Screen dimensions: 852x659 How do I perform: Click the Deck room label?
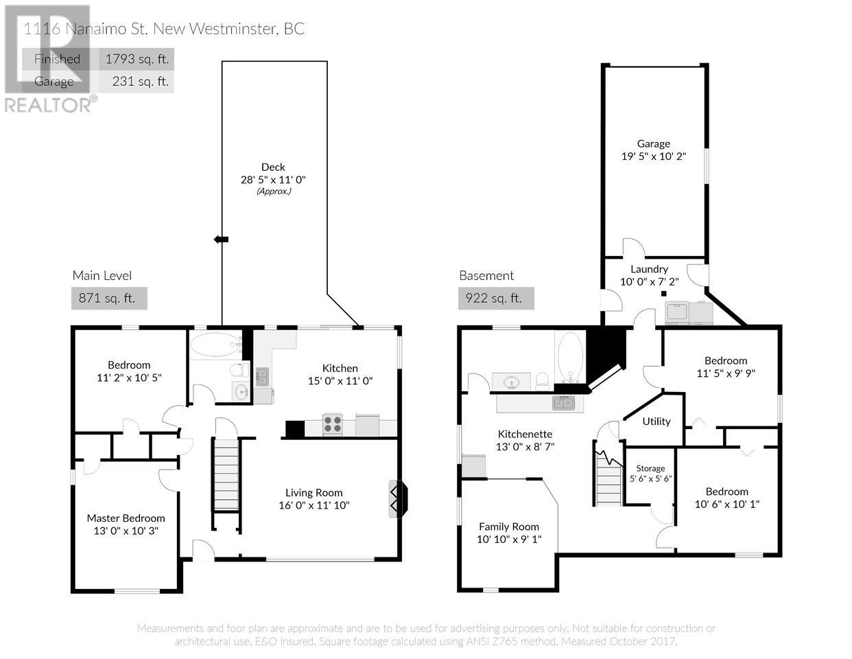273,167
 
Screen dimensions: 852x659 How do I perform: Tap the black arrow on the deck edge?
221,240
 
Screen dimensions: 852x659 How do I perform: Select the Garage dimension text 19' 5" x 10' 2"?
654,156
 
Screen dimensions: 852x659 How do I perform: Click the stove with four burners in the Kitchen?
333,424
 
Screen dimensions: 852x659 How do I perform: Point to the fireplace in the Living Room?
398,499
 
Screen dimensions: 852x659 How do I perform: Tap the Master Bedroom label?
126,518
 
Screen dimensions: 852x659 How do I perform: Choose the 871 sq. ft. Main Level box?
109,298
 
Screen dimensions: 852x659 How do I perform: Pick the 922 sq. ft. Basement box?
496,298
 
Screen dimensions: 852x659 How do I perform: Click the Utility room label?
656,421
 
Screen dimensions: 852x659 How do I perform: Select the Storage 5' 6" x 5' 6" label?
650,473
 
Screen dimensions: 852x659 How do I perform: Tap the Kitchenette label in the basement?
525,434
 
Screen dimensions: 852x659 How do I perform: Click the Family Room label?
509,527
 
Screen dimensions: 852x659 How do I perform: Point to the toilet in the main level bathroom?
240,370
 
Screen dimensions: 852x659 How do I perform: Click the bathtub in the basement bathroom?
571,357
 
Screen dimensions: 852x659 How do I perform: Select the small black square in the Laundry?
664,293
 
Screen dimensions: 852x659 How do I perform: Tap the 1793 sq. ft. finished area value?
137,59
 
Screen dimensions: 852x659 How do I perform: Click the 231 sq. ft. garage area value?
140,81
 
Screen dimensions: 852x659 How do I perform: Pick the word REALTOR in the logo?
49,105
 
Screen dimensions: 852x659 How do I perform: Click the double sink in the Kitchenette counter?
563,403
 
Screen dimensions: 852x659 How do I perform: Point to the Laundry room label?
650,269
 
